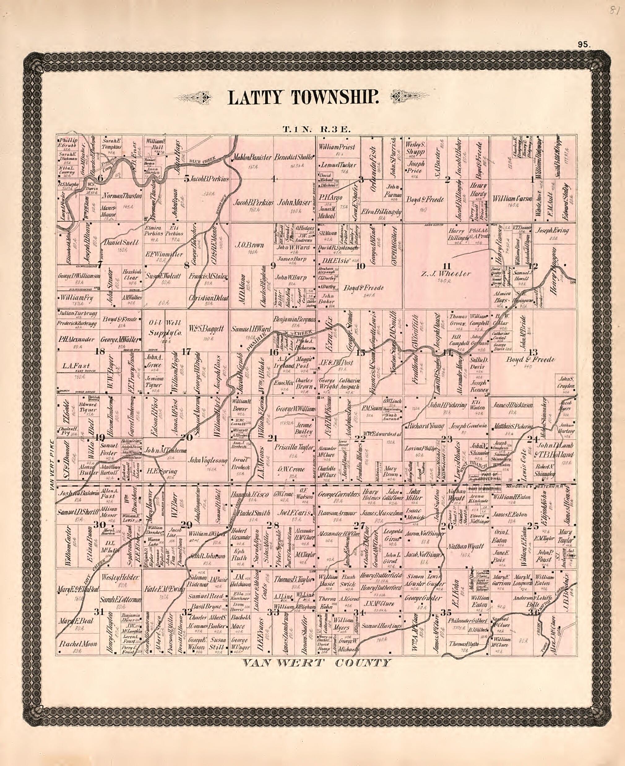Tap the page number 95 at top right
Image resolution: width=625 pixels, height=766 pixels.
(x=583, y=45)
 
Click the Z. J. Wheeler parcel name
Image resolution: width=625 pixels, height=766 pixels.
(x=446, y=274)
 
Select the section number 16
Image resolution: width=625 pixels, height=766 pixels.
(x=274, y=353)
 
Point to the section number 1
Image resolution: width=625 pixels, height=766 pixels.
(x=532, y=180)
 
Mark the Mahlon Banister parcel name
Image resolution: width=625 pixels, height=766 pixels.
(x=251, y=157)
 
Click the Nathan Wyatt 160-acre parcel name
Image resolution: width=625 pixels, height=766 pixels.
(x=465, y=546)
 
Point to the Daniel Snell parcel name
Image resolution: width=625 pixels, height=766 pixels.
(x=121, y=243)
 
